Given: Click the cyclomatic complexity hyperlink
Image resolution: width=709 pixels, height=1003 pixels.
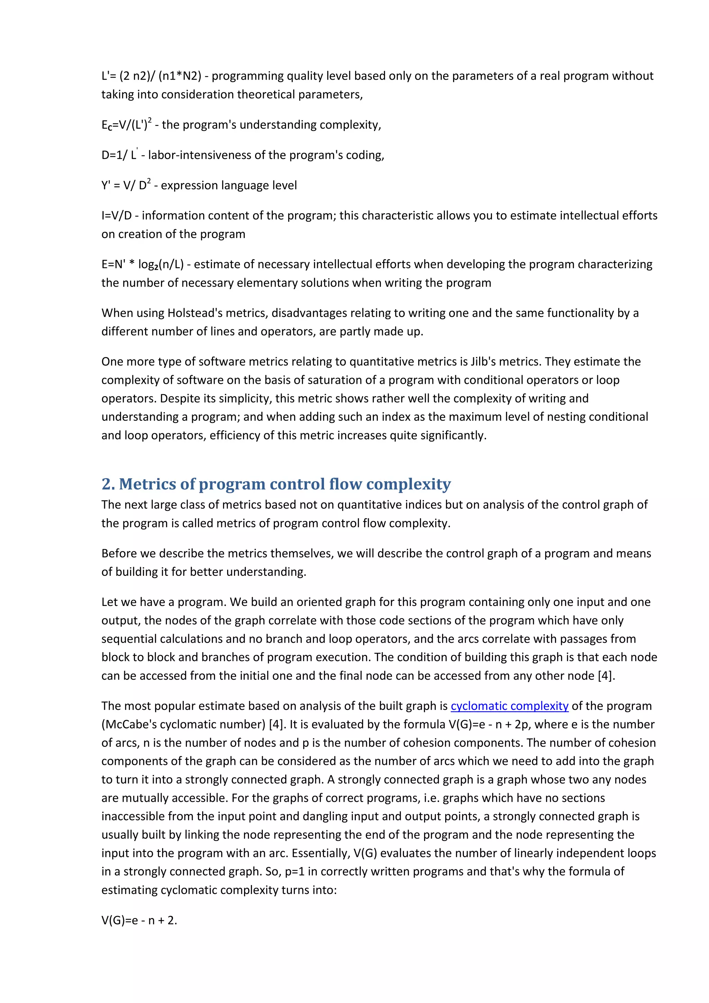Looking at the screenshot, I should coord(509,706).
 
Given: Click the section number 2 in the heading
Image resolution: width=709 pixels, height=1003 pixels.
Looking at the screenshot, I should coord(106,485).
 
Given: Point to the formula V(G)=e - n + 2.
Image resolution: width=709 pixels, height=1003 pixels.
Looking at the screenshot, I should coord(139,920).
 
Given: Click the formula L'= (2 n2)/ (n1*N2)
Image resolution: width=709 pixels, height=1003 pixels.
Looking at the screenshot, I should coord(151,76).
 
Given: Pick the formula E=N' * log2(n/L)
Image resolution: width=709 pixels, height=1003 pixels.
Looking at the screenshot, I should coord(142,265).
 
